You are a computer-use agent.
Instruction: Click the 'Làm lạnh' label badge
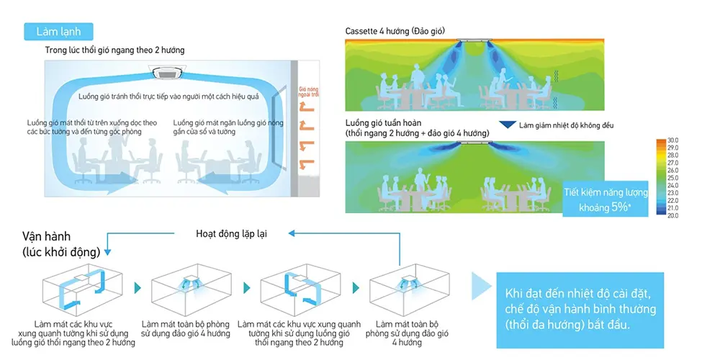pyautogui.click(x=58, y=32)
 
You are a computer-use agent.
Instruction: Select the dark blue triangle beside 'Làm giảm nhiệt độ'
pyautogui.click(x=509, y=125)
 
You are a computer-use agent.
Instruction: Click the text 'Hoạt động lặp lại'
pyautogui.click(x=232, y=233)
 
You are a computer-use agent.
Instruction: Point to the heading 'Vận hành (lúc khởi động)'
pyautogui.click(x=55, y=243)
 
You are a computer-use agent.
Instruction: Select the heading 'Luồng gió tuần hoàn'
pyautogui.click(x=382, y=123)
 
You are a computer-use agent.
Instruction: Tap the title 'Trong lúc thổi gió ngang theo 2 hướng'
pyautogui.click(x=115, y=50)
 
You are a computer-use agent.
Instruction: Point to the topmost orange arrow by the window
pyautogui.click(x=305, y=109)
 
